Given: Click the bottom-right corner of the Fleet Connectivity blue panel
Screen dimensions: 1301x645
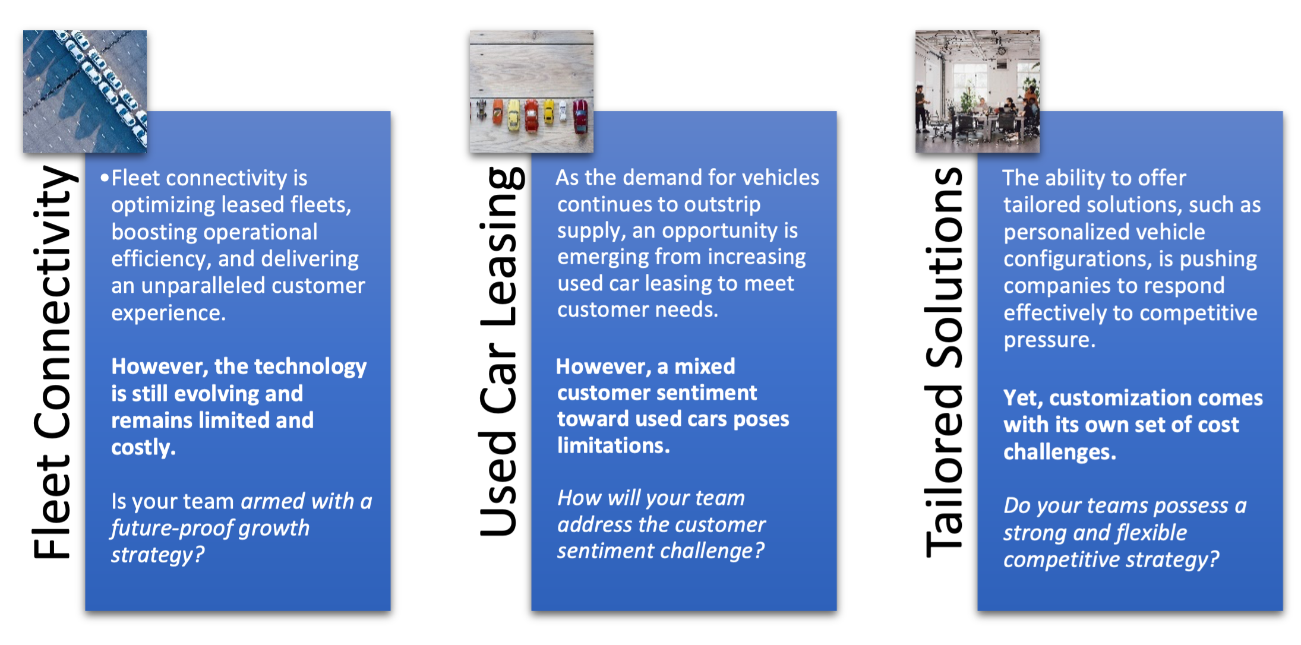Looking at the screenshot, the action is click(x=390, y=611).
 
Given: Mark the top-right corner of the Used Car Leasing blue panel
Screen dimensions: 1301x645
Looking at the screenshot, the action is click(x=836, y=111).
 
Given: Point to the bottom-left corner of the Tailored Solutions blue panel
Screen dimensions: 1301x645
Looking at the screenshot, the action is click(x=978, y=611).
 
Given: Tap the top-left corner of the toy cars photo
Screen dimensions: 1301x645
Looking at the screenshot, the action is click(x=470, y=31).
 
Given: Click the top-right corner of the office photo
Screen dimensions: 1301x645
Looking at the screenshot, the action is click(x=1040, y=31).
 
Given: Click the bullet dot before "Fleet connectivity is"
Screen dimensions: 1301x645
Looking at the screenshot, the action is click(x=105, y=178).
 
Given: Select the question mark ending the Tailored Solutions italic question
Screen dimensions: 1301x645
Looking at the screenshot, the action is click(x=1214, y=559).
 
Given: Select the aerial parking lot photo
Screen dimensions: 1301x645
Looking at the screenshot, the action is click(x=85, y=91).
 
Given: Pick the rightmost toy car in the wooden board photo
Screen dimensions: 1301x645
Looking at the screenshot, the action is click(x=580, y=116).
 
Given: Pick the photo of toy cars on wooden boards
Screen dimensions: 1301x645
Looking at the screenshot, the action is click(x=531, y=91).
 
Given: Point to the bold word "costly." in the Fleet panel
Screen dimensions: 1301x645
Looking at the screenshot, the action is click(x=143, y=447).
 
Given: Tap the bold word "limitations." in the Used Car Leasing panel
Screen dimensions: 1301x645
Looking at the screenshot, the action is click(x=614, y=445).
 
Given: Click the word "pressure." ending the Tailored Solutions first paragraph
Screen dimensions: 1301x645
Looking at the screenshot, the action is click(x=1049, y=340).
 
